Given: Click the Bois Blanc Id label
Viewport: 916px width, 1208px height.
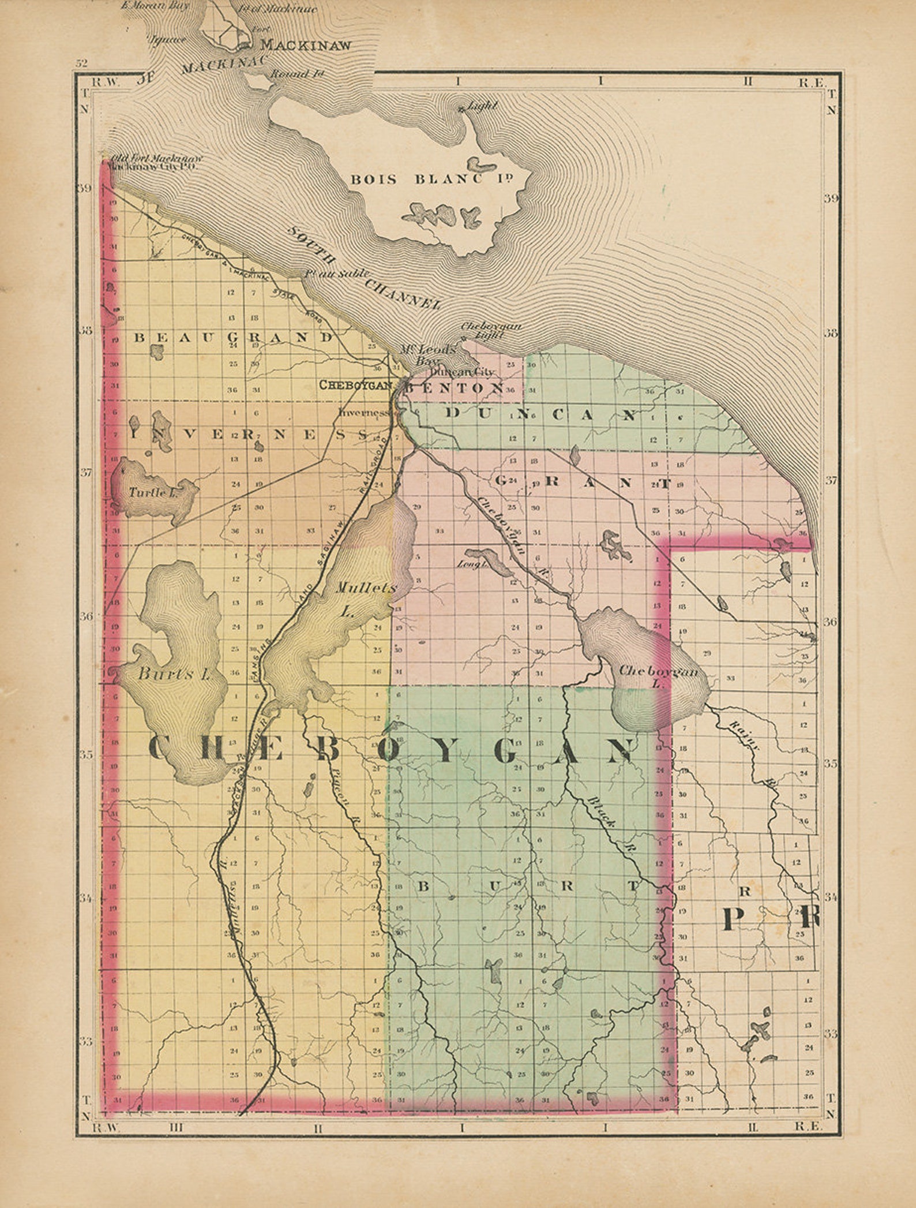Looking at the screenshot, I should tap(432, 179).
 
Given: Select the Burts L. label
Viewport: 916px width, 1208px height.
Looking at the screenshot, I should tap(172, 674).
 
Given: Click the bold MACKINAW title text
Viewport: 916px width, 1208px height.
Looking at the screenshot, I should tap(306, 46).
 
